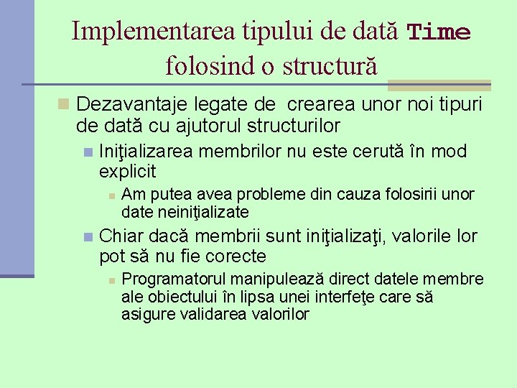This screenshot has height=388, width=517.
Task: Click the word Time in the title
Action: [x=439, y=33]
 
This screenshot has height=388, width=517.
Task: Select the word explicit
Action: [x=127, y=172]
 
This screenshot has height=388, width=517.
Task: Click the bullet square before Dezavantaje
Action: [x=63, y=105]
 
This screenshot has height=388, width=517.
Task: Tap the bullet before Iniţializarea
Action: [x=88, y=152]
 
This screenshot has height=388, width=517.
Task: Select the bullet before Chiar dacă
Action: [x=88, y=237]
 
